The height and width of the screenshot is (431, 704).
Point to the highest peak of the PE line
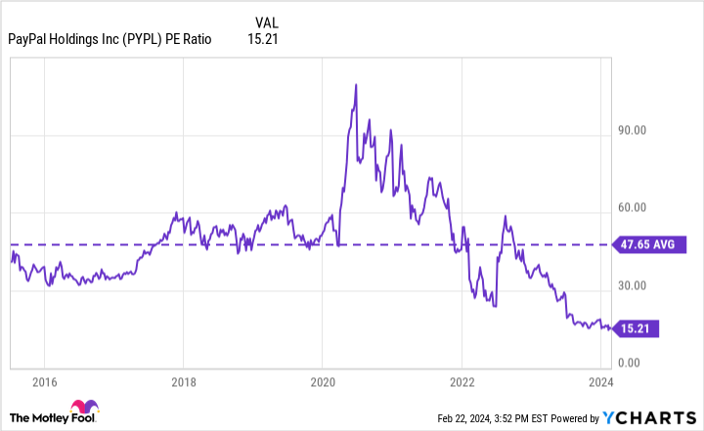pyautogui.click(x=356, y=85)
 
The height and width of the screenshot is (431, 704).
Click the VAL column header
pyautogui.click(x=265, y=22)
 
